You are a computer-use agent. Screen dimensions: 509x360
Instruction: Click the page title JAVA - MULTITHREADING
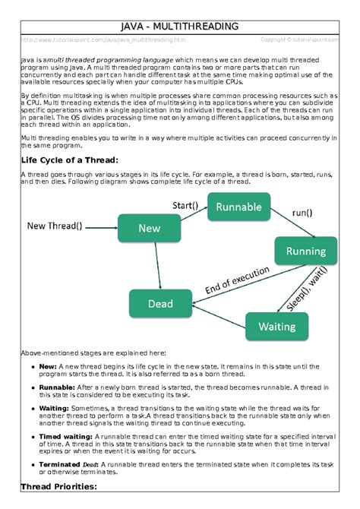click(x=180, y=27)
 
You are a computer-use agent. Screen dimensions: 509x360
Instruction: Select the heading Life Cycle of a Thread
click(x=69, y=160)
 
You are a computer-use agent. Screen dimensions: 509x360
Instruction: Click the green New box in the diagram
click(x=149, y=227)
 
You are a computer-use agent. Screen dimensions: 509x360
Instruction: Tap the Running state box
click(x=305, y=251)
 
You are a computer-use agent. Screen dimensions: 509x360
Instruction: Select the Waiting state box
click(x=276, y=326)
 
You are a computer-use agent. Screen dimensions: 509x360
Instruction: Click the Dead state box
click(x=160, y=303)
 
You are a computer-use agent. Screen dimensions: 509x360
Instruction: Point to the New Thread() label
click(x=55, y=226)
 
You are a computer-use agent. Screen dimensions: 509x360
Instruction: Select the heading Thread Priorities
click(x=58, y=487)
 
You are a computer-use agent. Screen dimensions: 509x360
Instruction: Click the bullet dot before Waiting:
click(x=32, y=407)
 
